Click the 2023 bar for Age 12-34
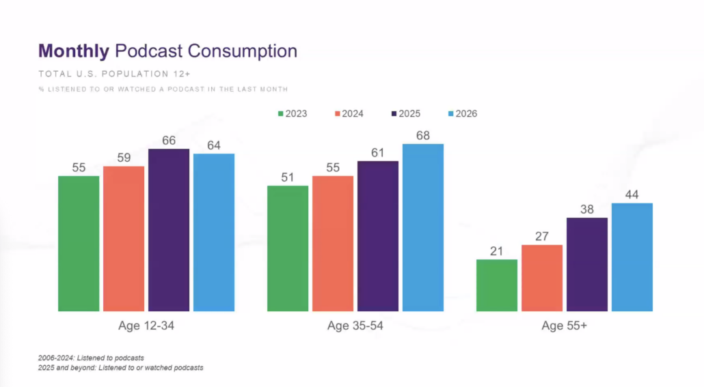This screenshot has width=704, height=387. coord(79,244)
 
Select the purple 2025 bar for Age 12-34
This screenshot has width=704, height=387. coord(169,230)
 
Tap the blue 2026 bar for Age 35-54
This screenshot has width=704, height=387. coord(423,227)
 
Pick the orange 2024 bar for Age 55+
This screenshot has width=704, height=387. coord(542,278)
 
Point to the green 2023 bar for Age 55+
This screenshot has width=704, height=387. coord(497,285)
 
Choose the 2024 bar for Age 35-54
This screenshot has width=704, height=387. coord(333,244)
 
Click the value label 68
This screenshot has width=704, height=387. coord(423,136)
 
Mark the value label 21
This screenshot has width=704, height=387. coord(497,251)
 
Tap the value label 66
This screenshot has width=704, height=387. coord(169,141)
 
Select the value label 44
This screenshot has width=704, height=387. coord(632,195)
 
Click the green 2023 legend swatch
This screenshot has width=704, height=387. coord(280,114)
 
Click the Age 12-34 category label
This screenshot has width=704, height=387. coord(146,326)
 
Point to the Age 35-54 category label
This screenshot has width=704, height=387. coord(355,326)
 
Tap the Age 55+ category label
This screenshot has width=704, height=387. coord(564,326)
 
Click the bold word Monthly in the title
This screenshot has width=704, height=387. coord(74,51)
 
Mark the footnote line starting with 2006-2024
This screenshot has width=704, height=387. coord(91,358)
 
